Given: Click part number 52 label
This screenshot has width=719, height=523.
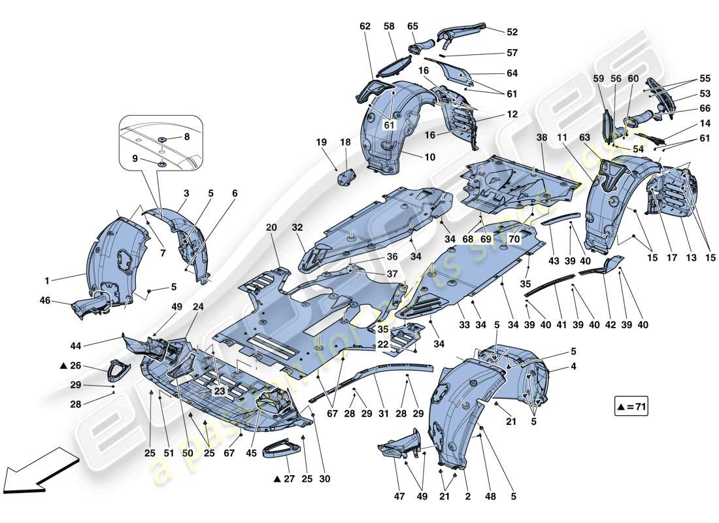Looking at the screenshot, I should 511,31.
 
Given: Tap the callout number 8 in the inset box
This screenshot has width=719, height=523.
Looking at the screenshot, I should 186,137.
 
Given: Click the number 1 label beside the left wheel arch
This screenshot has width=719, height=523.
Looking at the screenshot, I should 47,281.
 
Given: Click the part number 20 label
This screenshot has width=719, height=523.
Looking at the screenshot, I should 271,228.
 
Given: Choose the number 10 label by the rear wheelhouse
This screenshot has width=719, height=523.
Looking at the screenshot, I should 429,157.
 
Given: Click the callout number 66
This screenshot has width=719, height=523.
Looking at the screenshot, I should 686,109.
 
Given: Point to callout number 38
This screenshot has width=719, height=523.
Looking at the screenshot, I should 540,139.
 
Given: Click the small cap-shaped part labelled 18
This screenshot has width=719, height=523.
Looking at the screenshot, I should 345,176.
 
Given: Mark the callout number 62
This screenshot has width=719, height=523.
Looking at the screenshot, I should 364,26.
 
